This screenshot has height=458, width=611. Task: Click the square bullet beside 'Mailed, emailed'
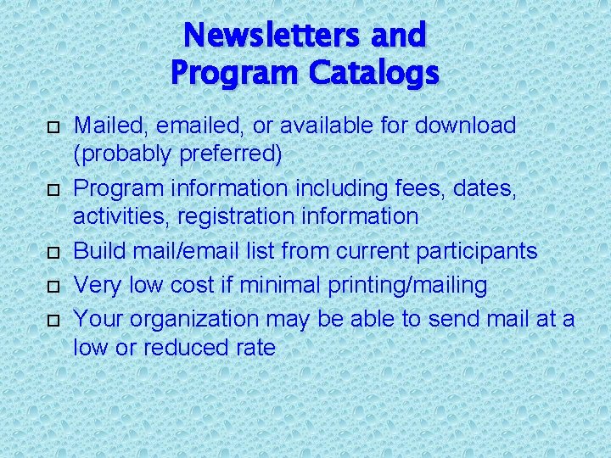(53, 127)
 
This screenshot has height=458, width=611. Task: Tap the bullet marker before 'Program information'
(53, 190)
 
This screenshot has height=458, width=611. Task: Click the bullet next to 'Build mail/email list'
(53, 253)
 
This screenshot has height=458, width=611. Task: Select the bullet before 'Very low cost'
(53, 287)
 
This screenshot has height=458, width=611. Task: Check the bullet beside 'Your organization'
(53, 321)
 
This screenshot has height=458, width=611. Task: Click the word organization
(197, 319)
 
